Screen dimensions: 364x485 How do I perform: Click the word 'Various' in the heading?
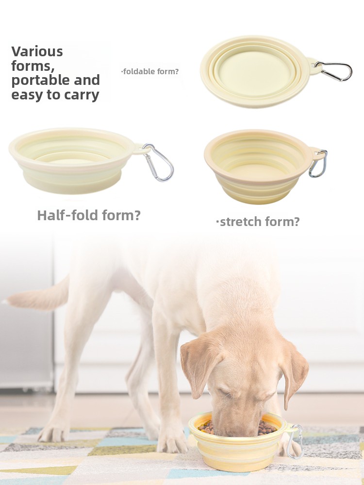pos(37,51)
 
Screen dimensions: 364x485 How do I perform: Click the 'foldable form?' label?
pos(150,71)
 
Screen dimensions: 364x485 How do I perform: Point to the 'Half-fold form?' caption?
pos(89,215)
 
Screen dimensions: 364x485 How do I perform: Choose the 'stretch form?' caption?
pos(258,222)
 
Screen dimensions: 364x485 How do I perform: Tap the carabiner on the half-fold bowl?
pos(159,162)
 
